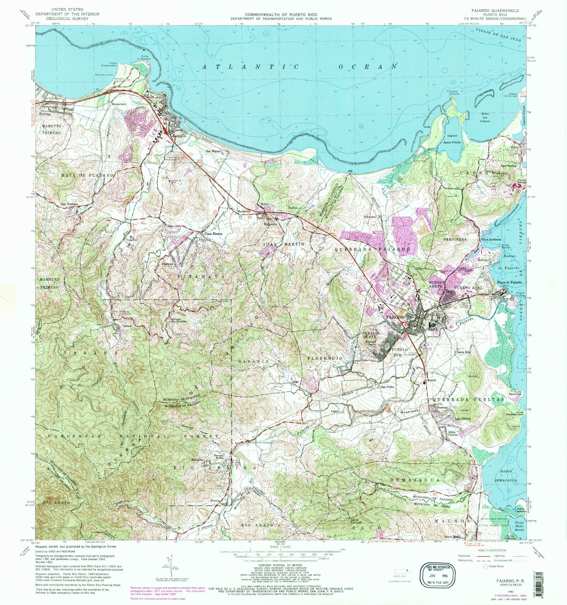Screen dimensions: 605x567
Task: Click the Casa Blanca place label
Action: click(x=212, y=234)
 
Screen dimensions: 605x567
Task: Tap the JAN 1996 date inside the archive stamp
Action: click(x=435, y=576)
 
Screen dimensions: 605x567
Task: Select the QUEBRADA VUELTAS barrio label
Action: click(x=468, y=399)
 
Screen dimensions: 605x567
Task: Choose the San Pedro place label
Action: click(x=387, y=387)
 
